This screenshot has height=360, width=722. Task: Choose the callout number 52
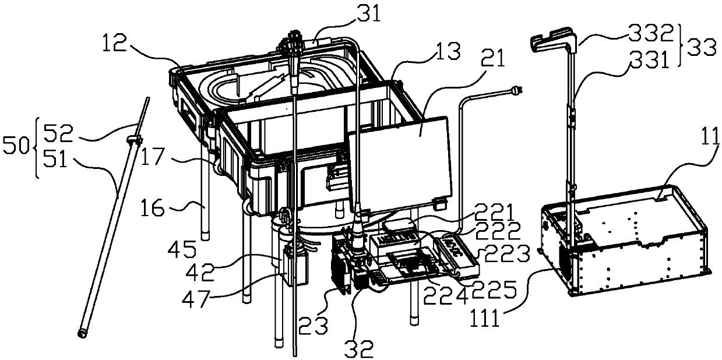pyautogui.click(x=55, y=133)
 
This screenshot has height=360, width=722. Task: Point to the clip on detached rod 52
pyautogui.click(x=133, y=140)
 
